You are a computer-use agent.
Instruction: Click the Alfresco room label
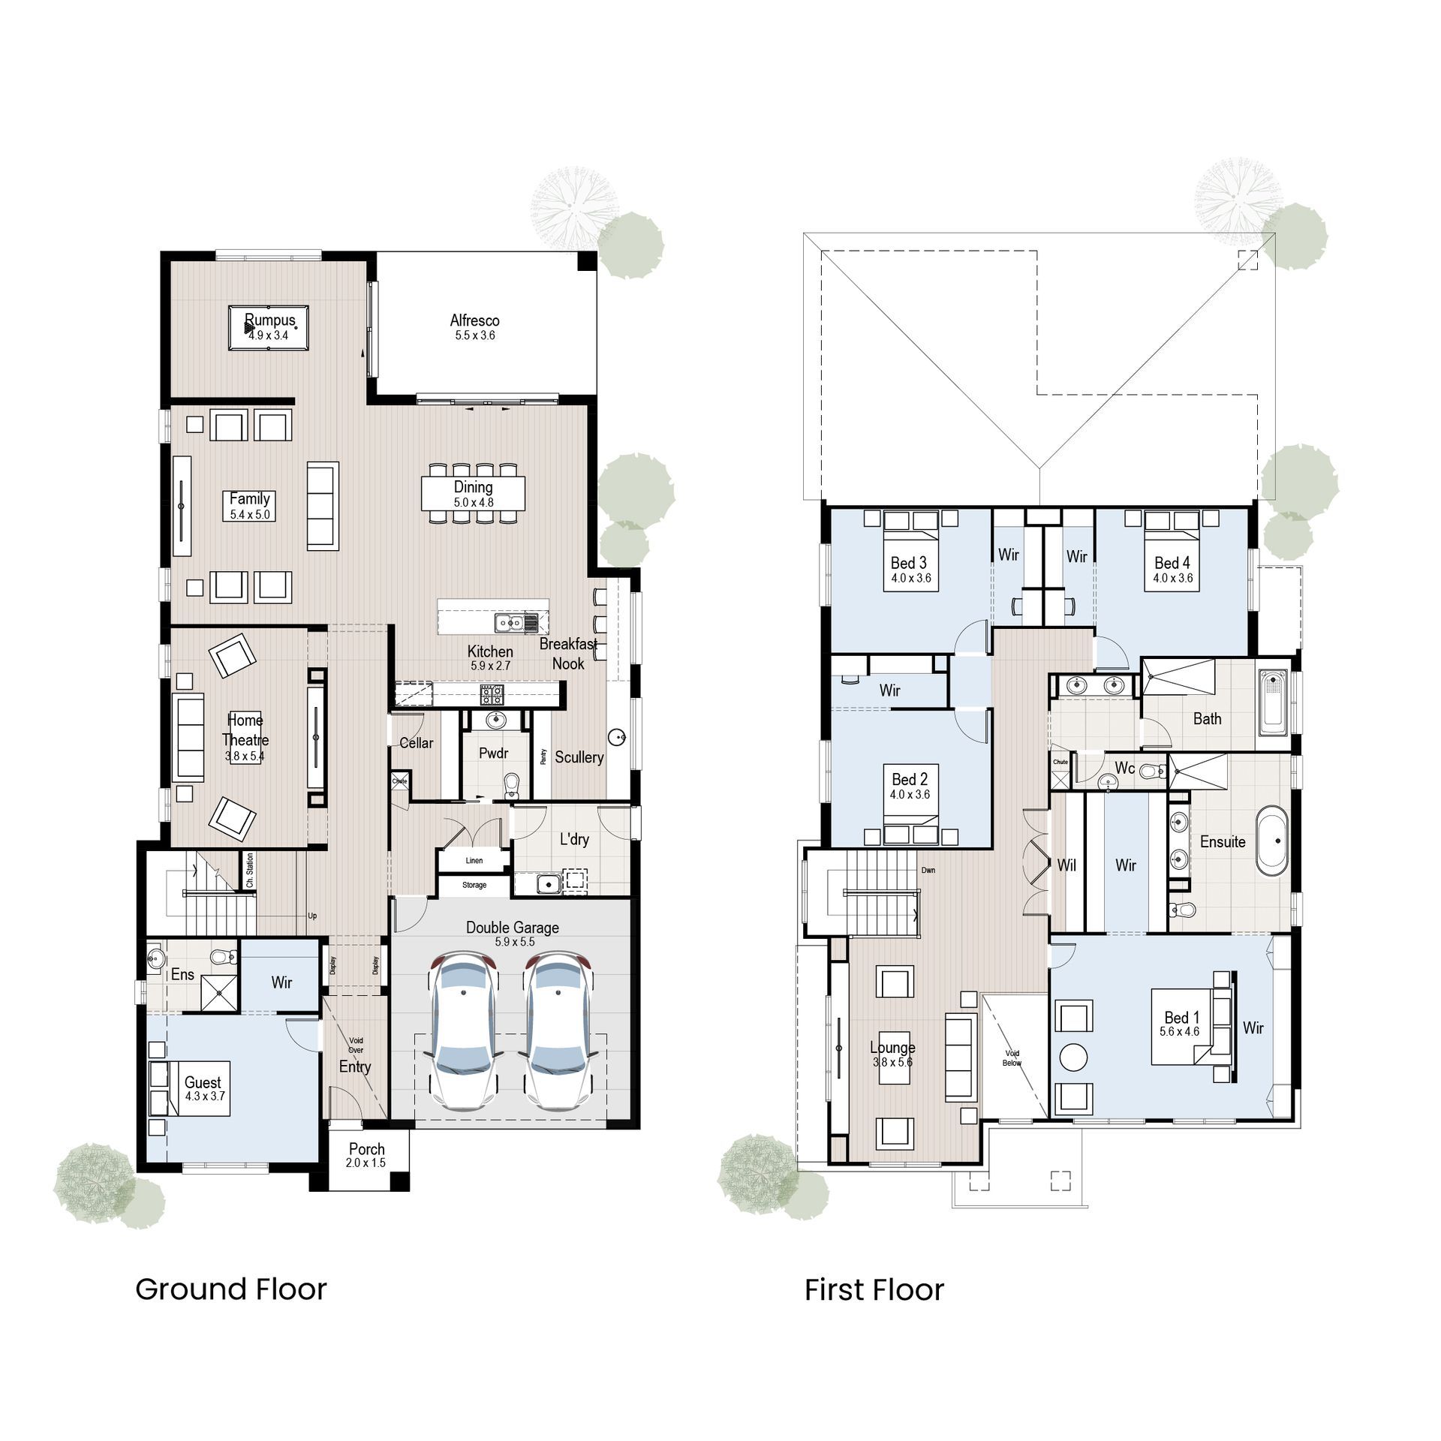pyautogui.click(x=474, y=320)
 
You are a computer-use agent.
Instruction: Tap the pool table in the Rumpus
pyautogui.click(x=269, y=327)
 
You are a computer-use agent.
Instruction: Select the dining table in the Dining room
pyautogui.click(x=473, y=494)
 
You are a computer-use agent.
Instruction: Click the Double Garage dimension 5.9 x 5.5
pyautogui.click(x=513, y=942)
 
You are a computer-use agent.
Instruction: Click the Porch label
pyautogui.click(x=367, y=1149)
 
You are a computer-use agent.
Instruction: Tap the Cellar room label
pyautogui.click(x=416, y=743)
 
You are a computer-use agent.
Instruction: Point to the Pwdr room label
pyautogui.click(x=494, y=753)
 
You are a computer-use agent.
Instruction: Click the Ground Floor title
pyautogui.click(x=231, y=1289)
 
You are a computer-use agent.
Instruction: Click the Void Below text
pyautogui.click(x=1012, y=1058)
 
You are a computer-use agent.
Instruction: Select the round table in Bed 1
pyautogui.click(x=1073, y=1057)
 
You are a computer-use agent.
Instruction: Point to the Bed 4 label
pyautogui.click(x=1172, y=563)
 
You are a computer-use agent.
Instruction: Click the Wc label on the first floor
pyautogui.click(x=1124, y=769)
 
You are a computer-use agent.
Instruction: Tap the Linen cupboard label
pyautogui.click(x=474, y=861)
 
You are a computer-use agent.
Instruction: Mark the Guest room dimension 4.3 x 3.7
pyautogui.click(x=205, y=1096)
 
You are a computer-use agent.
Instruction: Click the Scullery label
pyautogui.click(x=579, y=757)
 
